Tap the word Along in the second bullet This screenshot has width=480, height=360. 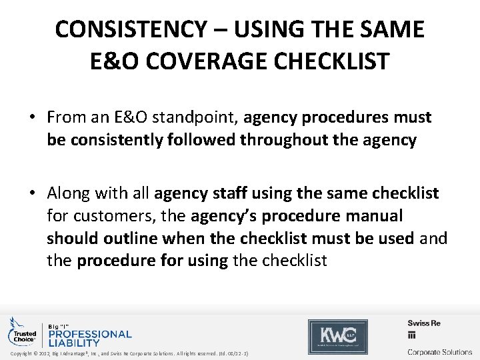(69, 193)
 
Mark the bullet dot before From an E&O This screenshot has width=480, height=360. (32, 118)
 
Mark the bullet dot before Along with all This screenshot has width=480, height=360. (32, 193)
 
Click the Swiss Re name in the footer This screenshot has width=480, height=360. (424, 323)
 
